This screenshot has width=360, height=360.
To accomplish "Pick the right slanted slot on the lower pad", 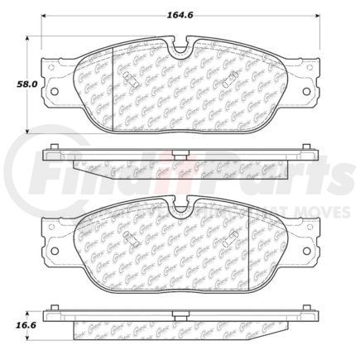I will tap(233, 239).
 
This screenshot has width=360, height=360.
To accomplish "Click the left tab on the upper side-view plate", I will tap(54, 148).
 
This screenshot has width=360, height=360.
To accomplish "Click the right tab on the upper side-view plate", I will tap(308, 148).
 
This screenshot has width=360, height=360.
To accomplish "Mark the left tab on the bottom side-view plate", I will tap(54, 310).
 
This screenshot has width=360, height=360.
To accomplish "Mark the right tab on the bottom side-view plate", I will tap(308, 310).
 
